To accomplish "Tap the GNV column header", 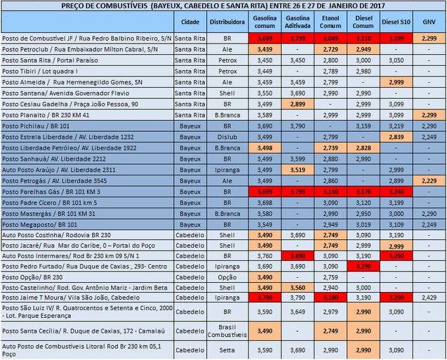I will point(427,22).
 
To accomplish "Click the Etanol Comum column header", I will point(330,22).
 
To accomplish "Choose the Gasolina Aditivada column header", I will point(298,22).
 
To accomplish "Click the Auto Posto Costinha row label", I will point(56,234).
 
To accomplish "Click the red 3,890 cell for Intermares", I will point(298,256).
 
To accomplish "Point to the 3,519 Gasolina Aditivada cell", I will point(298,169).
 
